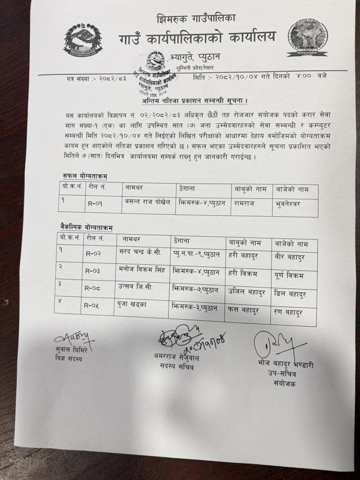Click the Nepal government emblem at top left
tap(83, 40)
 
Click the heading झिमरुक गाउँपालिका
tap(196, 19)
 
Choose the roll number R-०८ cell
tap(96, 289)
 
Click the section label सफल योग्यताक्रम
tap(80, 176)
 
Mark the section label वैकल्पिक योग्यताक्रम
tap(86, 227)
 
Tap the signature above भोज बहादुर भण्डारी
tap(273, 345)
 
